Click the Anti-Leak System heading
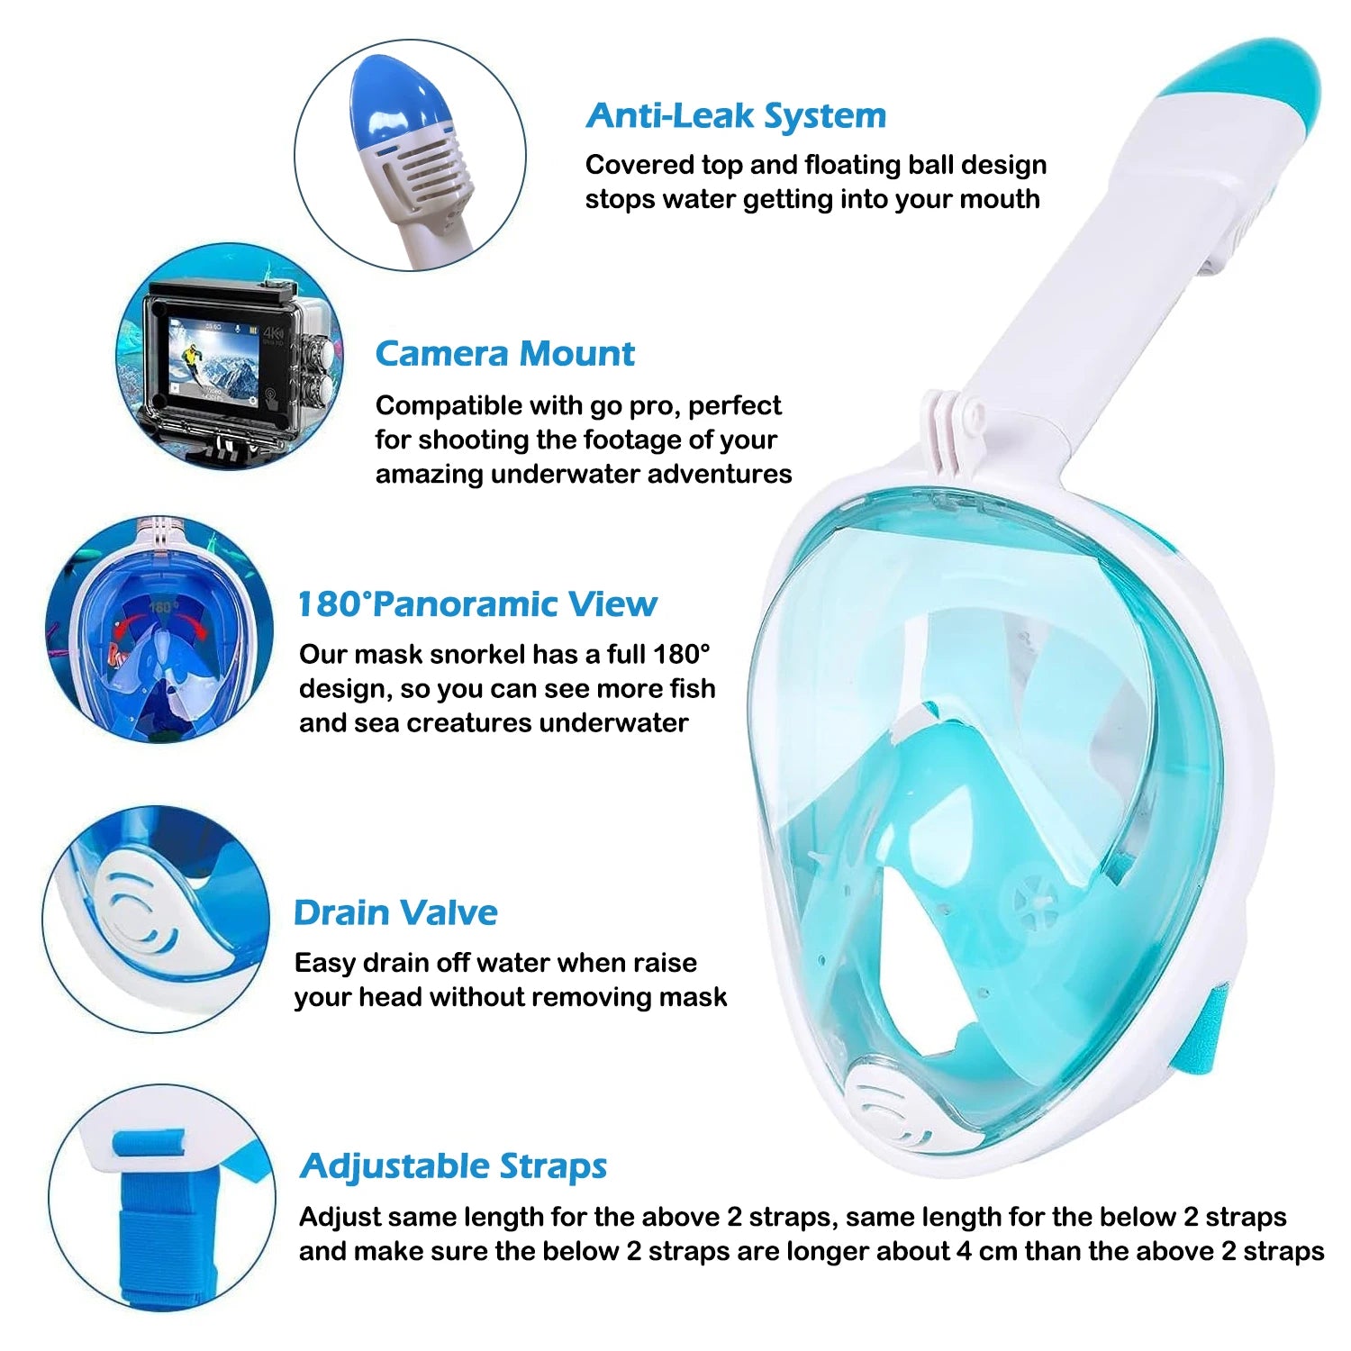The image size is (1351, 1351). click(735, 115)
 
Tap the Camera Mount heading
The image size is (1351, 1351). click(504, 353)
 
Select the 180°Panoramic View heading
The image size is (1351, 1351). click(476, 603)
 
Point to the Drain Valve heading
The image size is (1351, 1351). click(395, 912)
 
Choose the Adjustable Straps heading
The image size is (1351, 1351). click(453, 1165)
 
